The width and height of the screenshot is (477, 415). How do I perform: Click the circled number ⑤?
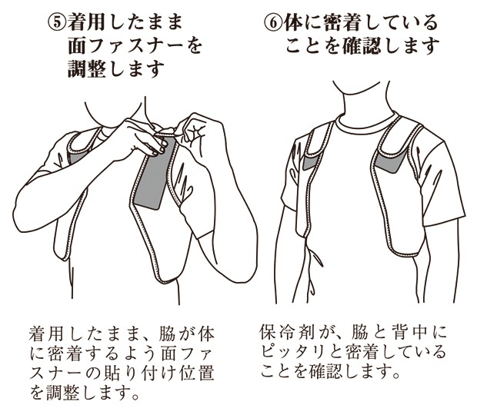(x=57, y=23)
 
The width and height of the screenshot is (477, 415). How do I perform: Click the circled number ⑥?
(x=273, y=23)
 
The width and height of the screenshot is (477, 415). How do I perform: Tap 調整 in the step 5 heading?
(x=87, y=68)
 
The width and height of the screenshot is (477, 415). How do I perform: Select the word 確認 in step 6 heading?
(x=361, y=46)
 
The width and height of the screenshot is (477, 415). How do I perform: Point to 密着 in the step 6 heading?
(x=342, y=23)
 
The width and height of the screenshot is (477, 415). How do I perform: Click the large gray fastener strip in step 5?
(x=154, y=173)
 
